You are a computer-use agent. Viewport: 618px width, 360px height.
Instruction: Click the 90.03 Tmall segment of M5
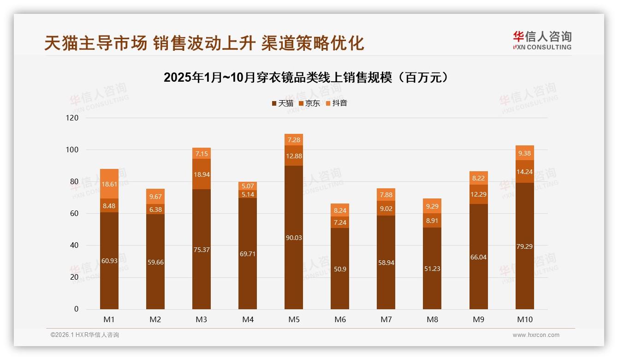click(x=294, y=237)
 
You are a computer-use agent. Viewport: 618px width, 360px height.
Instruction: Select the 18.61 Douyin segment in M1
click(x=109, y=184)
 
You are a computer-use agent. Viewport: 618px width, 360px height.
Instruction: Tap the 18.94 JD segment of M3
click(x=202, y=174)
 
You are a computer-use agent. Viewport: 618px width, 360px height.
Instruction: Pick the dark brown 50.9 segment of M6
click(x=340, y=269)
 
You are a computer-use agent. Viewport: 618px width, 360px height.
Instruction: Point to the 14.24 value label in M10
click(x=524, y=172)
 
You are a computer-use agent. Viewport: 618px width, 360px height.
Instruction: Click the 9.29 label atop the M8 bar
click(x=432, y=206)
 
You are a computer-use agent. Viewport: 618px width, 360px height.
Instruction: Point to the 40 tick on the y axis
click(x=74, y=246)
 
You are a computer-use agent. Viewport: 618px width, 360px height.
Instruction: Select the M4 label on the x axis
click(x=248, y=319)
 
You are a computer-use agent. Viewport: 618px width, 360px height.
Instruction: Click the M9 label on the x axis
click(x=478, y=319)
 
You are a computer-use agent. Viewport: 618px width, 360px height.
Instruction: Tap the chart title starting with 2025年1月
click(x=306, y=77)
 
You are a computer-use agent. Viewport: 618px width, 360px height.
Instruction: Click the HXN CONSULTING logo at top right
click(x=542, y=40)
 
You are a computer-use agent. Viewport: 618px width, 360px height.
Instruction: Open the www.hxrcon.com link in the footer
click(x=536, y=335)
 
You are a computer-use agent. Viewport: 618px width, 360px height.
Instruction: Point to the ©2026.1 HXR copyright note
click(x=84, y=335)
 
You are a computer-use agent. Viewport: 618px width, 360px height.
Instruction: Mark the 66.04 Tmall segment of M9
click(x=478, y=257)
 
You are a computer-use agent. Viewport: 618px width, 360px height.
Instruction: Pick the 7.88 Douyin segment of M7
click(x=386, y=195)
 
